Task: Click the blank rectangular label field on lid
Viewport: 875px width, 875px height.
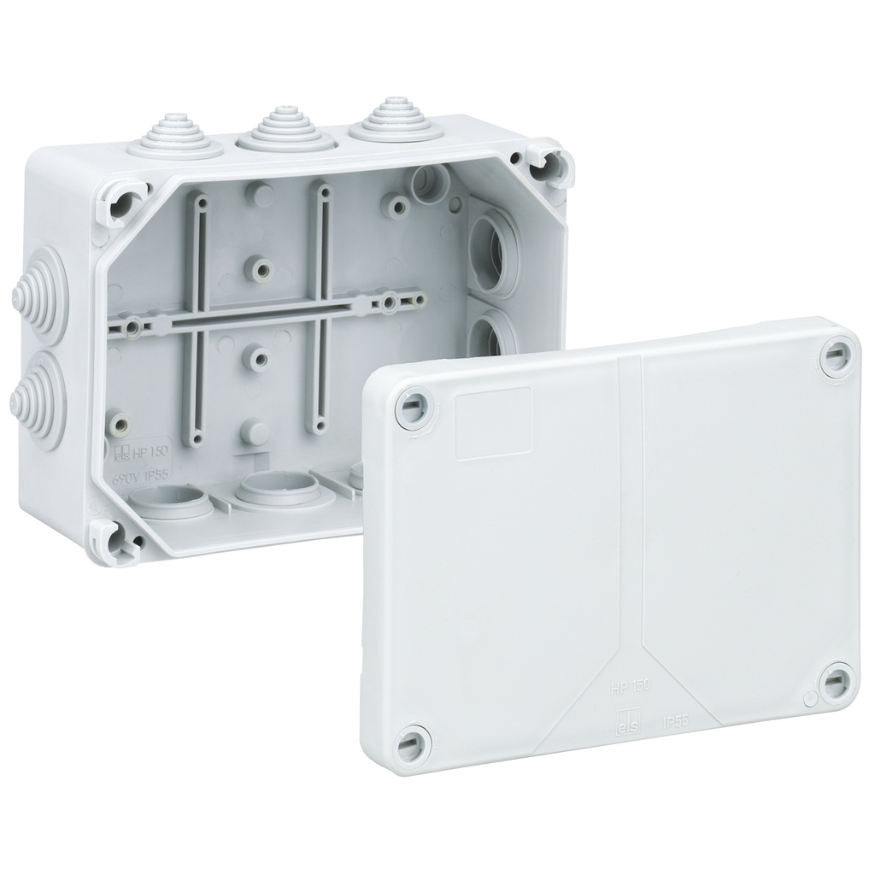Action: pyautogui.click(x=493, y=424)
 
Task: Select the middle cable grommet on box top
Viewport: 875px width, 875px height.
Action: pyautogui.click(x=273, y=129)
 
